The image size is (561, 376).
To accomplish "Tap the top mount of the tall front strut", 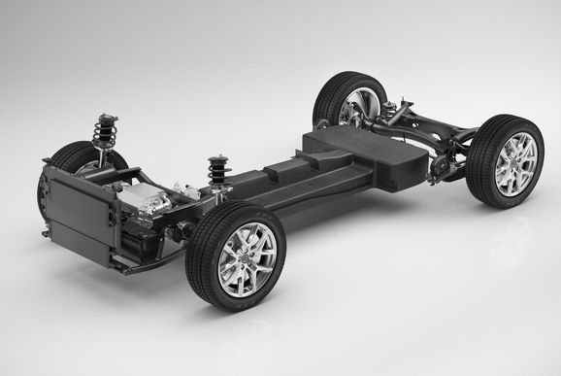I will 103,119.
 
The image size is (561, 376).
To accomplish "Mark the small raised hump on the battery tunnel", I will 281,169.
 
